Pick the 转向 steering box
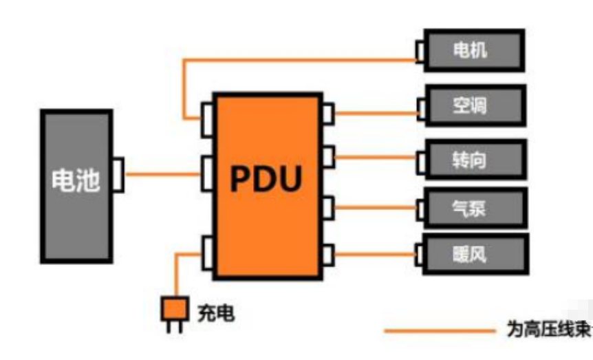tap(475, 160)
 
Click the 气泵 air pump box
tap(475, 208)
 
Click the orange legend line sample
tap(440, 331)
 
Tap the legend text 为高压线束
tap(548, 331)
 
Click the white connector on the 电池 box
tap(118, 174)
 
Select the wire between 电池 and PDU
tap(162, 174)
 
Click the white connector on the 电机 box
tap(420, 50)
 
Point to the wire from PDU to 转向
tap(376, 158)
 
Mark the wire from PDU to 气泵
tap(376, 206)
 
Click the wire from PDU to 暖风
tap(376, 253)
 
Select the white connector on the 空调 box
tap(420, 107)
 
